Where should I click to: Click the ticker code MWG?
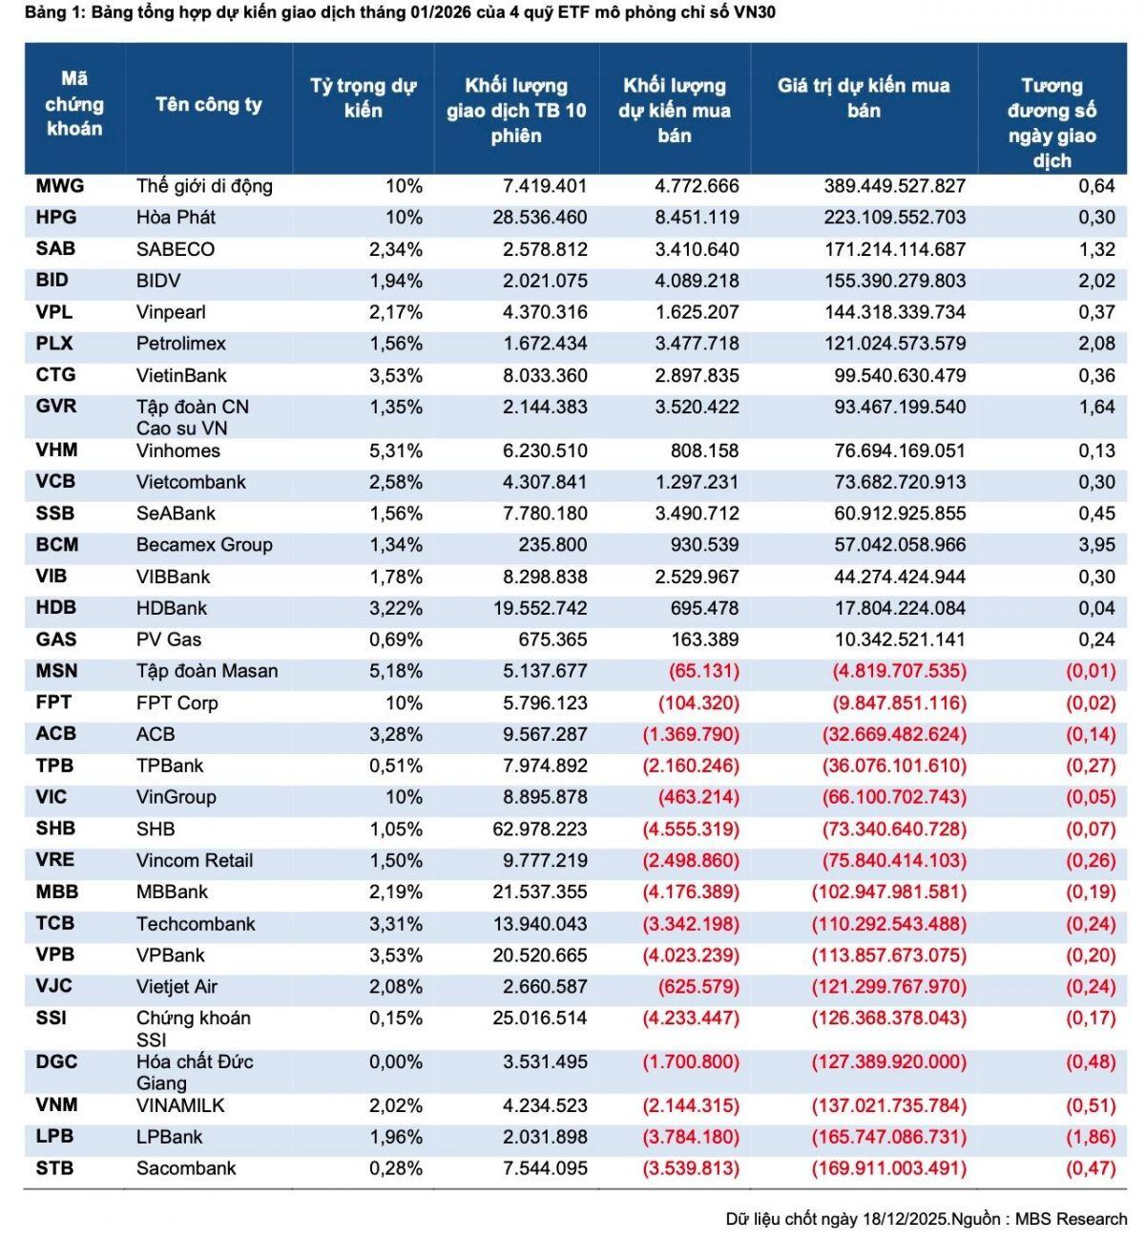[60, 186]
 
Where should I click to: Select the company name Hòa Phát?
[176, 218]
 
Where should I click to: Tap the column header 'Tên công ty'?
[208, 105]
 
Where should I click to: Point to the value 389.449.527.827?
[894, 186]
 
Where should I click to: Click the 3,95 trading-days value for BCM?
[1096, 545]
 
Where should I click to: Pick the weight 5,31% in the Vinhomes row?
[395, 451]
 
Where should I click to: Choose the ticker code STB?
[54, 1168]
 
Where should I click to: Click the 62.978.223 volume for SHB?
[539, 829]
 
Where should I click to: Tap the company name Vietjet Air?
[177, 986]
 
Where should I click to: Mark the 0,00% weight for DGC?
[395, 1061]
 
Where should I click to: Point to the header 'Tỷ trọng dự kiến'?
[363, 98]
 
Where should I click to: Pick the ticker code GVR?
[55, 407]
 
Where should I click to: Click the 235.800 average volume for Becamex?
[552, 545]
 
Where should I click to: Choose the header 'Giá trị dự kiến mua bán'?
[864, 98]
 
